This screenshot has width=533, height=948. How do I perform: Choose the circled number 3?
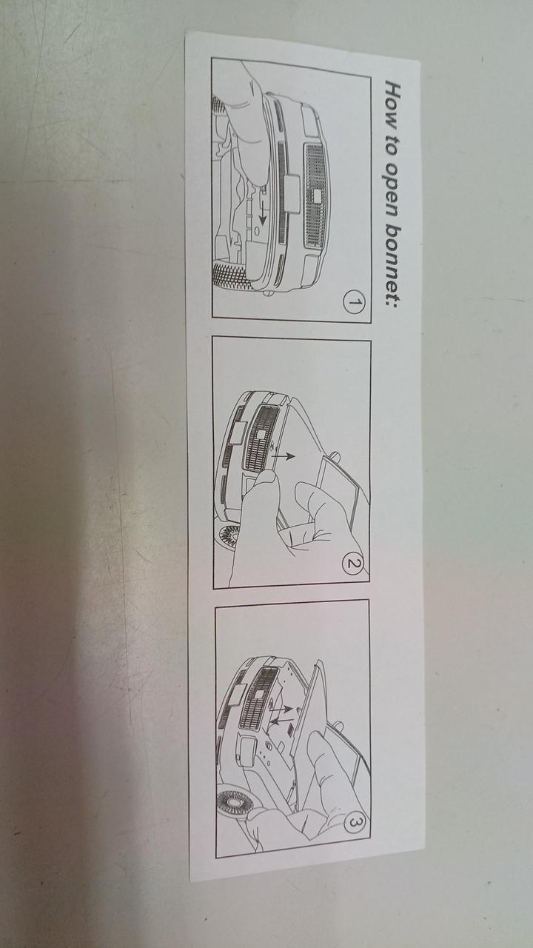coord(355,823)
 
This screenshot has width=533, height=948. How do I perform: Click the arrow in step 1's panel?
coord(263,211)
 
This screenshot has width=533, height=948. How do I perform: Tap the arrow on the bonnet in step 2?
coord(284,455)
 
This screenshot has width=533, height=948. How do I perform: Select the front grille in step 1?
coord(316,196)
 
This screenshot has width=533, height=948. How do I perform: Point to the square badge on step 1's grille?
coord(318,196)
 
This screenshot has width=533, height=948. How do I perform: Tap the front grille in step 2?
coord(260,436)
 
